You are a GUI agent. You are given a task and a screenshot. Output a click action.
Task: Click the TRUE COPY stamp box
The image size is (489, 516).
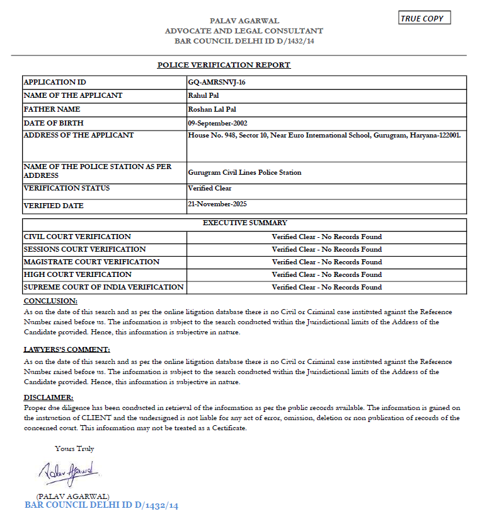[x=425, y=18]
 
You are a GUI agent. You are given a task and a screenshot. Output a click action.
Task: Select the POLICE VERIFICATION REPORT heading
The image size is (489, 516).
[x=224, y=65]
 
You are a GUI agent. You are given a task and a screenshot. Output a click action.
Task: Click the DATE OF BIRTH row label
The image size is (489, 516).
[x=54, y=123]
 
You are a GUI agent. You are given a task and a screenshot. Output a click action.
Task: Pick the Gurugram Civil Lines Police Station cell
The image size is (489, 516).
[x=244, y=172]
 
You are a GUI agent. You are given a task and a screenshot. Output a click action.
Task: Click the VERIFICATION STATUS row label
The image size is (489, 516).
[x=67, y=188]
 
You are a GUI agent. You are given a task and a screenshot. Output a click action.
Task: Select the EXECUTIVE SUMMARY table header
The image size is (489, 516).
[x=244, y=223]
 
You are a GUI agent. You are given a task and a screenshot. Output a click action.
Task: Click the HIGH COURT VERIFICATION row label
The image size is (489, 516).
[x=78, y=274]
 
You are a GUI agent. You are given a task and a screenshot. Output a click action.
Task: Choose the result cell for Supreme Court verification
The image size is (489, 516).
[x=326, y=287]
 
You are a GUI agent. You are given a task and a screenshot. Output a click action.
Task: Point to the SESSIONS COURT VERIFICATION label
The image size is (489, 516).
[x=84, y=249]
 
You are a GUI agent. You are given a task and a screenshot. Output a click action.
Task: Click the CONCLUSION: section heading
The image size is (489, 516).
[x=50, y=301]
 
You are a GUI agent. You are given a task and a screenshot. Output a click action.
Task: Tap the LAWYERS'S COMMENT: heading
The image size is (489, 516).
[x=67, y=349]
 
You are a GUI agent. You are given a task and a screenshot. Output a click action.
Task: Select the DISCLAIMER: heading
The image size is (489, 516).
[x=49, y=397]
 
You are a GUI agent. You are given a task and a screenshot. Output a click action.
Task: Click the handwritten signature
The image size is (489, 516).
[x=67, y=471]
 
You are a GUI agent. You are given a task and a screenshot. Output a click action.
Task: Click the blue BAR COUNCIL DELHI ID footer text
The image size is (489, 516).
[x=101, y=505]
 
